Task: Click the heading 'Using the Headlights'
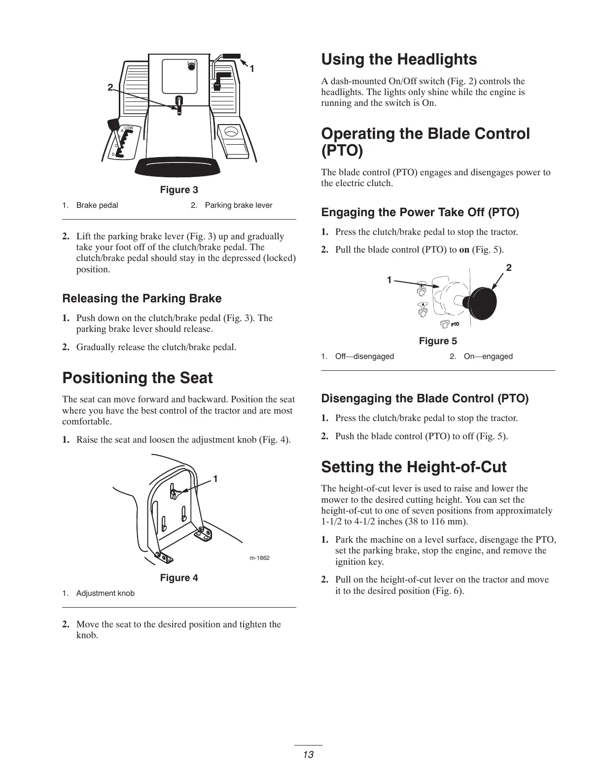[x=399, y=60]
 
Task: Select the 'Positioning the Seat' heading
[x=138, y=378]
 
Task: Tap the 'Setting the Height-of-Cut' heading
[x=414, y=467]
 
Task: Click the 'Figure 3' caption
[x=179, y=190]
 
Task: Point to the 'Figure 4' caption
[x=179, y=578]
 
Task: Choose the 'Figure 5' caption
[x=438, y=341]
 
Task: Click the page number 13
[x=309, y=754]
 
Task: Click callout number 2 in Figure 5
[x=509, y=268]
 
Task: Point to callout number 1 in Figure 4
[x=215, y=479]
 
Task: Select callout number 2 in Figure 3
[x=110, y=88]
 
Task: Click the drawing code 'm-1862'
[x=259, y=558]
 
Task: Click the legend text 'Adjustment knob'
[x=105, y=593]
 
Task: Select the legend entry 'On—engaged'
[x=488, y=357]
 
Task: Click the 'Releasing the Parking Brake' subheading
[x=142, y=299]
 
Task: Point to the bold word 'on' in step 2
[x=464, y=250]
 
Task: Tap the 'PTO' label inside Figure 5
[x=454, y=325]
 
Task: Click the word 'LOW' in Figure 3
[x=129, y=128]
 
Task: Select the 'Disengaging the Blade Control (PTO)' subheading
[x=424, y=398]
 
